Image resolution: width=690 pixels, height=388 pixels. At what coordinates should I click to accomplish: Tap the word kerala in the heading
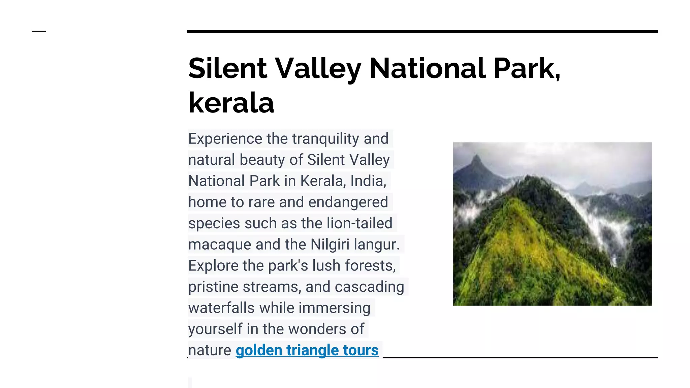pyautogui.click(x=231, y=103)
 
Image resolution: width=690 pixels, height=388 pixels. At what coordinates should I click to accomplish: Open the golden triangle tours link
pyautogui.click(x=307, y=350)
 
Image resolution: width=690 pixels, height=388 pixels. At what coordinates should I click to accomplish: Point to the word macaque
pyautogui.click(x=220, y=245)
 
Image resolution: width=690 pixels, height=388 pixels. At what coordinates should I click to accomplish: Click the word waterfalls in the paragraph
pyautogui.click(x=221, y=308)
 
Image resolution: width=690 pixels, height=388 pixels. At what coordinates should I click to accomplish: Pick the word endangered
pyautogui.click(x=348, y=202)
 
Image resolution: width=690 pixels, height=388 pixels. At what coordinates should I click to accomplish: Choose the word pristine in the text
pyautogui.click(x=213, y=287)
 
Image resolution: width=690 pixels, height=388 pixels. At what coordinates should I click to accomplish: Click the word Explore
pyautogui.click(x=213, y=266)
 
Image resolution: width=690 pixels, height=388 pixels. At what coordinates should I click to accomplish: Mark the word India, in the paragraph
pyautogui.click(x=368, y=181)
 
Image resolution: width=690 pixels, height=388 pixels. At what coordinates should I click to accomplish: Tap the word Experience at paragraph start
pyautogui.click(x=225, y=139)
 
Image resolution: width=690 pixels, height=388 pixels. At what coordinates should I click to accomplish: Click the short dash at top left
pyautogui.click(x=39, y=31)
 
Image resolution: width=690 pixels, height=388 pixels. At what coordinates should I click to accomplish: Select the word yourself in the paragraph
pyautogui.click(x=215, y=329)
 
